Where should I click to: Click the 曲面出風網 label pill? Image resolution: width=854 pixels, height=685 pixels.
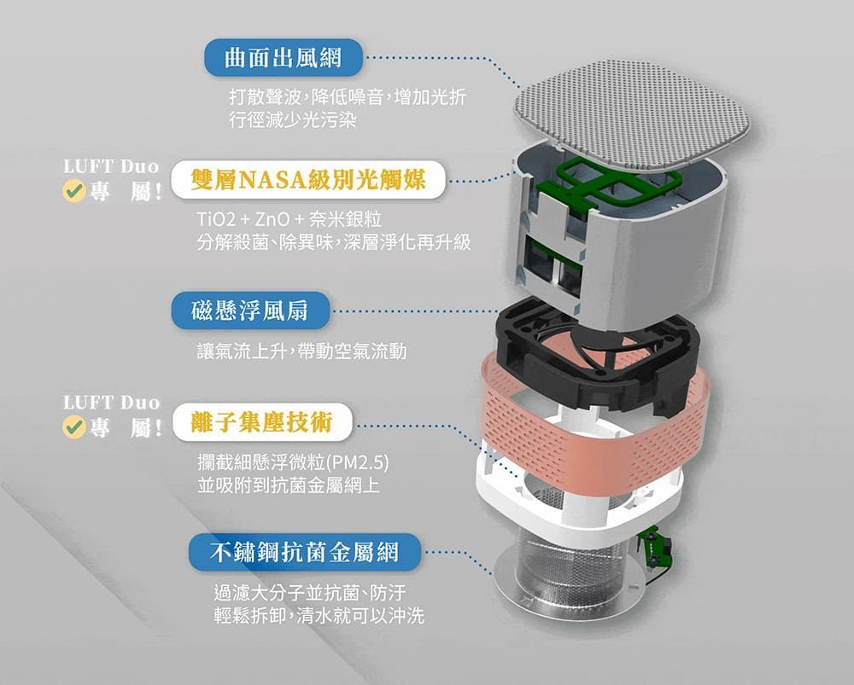283,58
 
